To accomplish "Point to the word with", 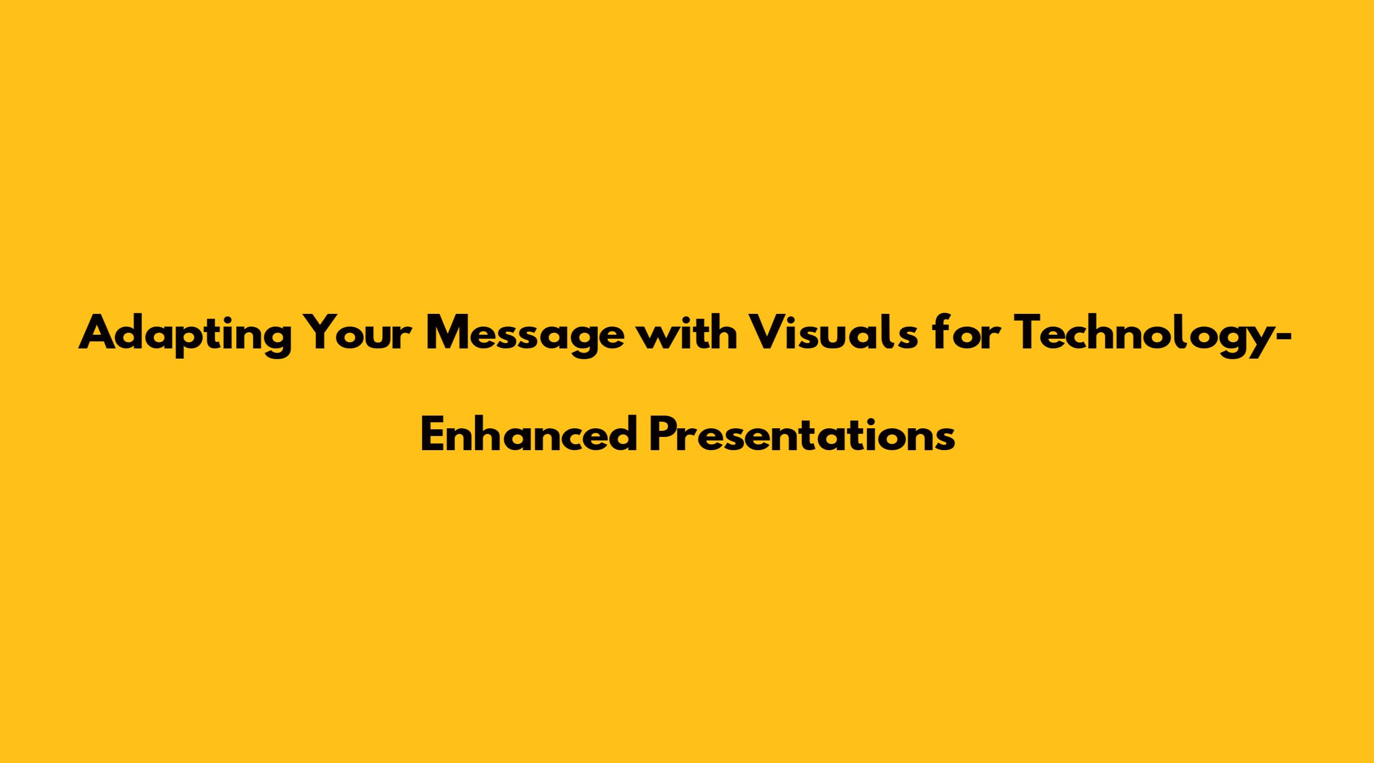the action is pos(687,331).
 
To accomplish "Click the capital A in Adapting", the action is pos(100,332).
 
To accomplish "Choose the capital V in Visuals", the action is pos(770,332).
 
